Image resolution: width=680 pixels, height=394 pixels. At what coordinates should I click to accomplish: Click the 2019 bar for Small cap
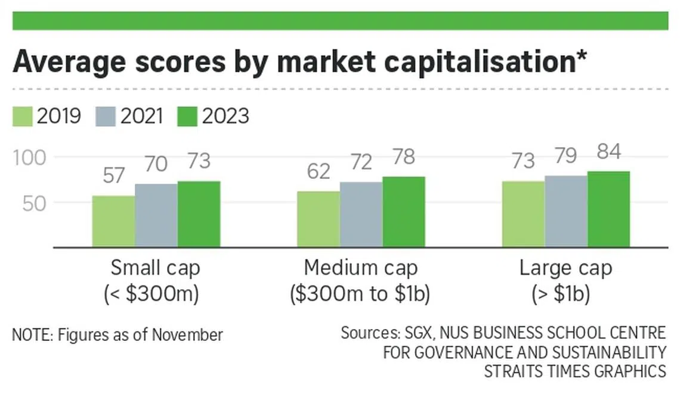(x=113, y=221)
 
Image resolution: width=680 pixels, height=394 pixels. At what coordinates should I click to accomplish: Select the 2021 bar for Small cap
(x=156, y=215)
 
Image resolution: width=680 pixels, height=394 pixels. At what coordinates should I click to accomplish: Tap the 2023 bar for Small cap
(x=199, y=214)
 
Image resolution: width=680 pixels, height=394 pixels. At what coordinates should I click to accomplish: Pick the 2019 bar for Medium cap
(x=319, y=219)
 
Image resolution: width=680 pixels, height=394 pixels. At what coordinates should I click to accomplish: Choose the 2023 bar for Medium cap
(x=404, y=212)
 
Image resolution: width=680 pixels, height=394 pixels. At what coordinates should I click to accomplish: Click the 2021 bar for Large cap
(x=566, y=211)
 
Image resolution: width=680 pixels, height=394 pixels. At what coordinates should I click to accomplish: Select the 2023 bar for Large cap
(x=608, y=209)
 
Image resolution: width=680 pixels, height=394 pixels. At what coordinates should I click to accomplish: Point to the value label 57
(x=113, y=177)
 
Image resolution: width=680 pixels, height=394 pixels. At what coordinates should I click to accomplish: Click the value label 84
(x=608, y=152)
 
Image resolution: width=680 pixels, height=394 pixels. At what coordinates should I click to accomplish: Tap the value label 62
(x=318, y=172)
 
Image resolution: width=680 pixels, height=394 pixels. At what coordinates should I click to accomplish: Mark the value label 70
(x=156, y=165)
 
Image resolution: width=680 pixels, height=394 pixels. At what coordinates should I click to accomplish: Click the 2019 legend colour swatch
(x=23, y=116)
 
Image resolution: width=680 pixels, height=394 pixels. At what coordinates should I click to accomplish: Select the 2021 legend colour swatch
(x=105, y=116)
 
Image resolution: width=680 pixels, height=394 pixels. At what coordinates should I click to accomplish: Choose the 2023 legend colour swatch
(x=187, y=116)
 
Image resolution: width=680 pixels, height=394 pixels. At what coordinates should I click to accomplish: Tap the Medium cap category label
(x=361, y=268)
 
